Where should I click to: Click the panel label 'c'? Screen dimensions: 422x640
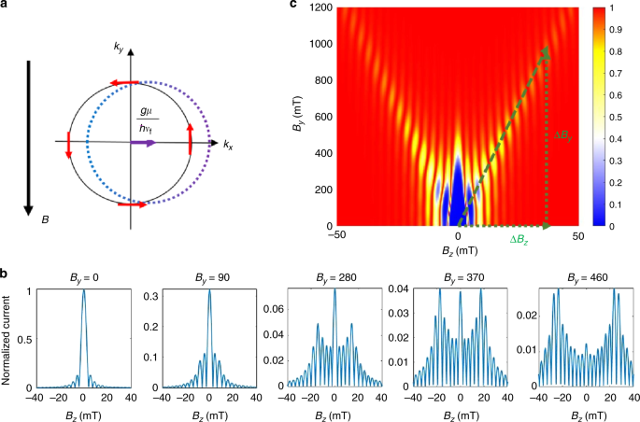(295, 7)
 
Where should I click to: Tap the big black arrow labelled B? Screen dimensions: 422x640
(31, 140)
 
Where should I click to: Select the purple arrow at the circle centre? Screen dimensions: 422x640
(144, 143)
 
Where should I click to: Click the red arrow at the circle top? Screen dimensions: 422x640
(121, 82)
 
